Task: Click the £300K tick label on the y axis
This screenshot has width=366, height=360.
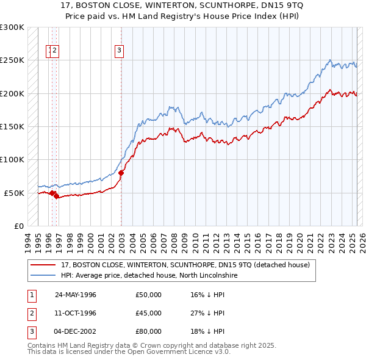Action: click(12, 27)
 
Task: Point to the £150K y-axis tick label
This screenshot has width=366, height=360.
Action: click(12, 127)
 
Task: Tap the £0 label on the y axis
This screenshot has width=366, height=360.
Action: click(18, 226)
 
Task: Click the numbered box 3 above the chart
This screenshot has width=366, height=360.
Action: click(120, 51)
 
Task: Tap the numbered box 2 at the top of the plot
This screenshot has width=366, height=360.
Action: click(55, 51)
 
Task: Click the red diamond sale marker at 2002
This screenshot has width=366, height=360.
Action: click(121, 173)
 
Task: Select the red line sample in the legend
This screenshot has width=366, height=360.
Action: click(43, 265)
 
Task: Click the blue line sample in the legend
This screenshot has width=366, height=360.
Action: click(43, 276)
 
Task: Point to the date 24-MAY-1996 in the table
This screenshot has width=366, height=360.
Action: click(76, 295)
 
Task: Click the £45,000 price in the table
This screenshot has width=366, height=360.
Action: click(149, 313)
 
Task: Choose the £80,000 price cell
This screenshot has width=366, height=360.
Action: click(149, 331)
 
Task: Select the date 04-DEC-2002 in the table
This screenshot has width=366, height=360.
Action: click(76, 331)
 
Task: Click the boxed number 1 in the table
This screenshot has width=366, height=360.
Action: click(30, 295)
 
